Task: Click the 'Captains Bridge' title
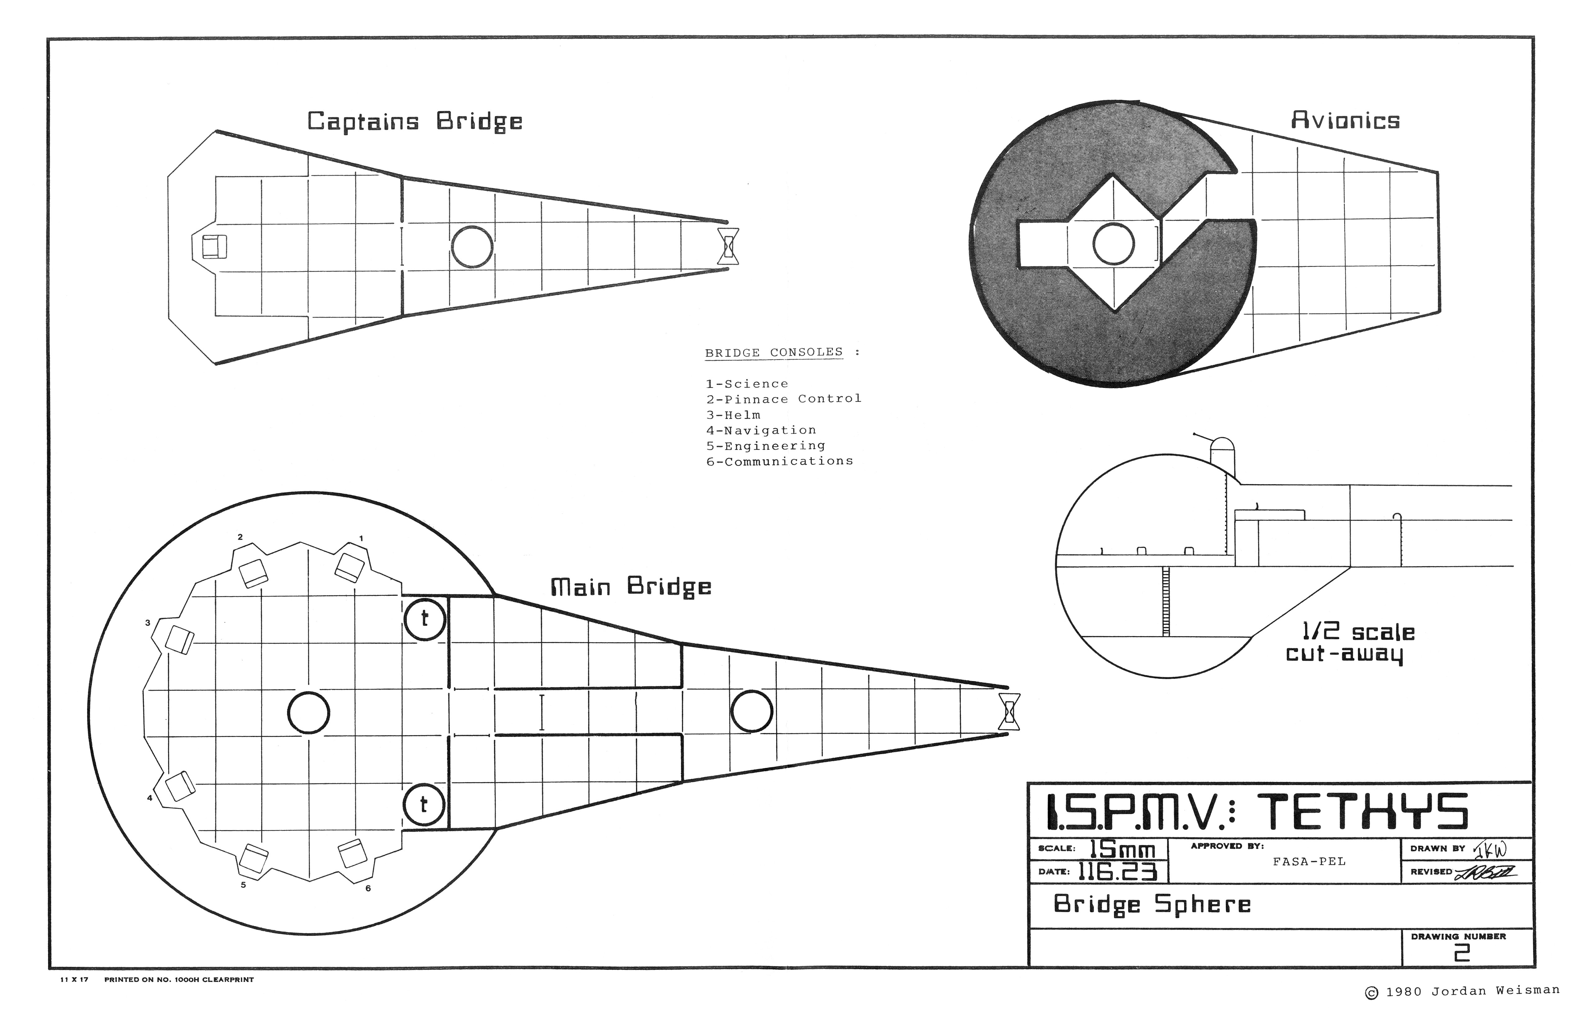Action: tap(414, 122)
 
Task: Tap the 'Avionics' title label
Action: tap(1345, 120)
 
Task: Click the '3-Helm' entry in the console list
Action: tap(733, 415)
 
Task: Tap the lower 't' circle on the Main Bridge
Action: tap(424, 805)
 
